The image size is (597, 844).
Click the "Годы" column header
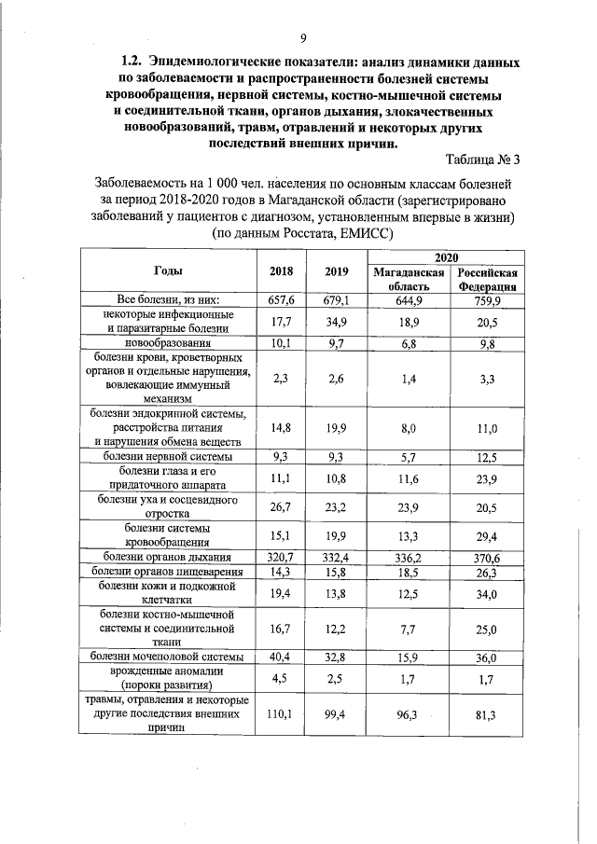pyautogui.click(x=168, y=270)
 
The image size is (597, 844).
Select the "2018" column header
pyautogui.click(x=282, y=271)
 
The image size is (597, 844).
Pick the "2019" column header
pyautogui.click(x=336, y=271)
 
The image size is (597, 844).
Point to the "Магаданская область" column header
pyautogui.click(x=407, y=278)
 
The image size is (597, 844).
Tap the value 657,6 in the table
pyautogui.click(x=282, y=300)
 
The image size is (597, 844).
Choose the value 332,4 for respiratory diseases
pyautogui.click(x=336, y=558)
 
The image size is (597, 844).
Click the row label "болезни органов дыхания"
pyautogui.click(x=168, y=558)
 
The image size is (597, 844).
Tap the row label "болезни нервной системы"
pyautogui.click(x=168, y=456)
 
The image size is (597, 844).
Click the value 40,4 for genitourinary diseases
pyautogui.click(x=282, y=657)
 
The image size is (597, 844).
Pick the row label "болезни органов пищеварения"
pyautogui.click(x=168, y=572)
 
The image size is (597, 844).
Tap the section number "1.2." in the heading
pyautogui.click(x=126, y=62)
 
